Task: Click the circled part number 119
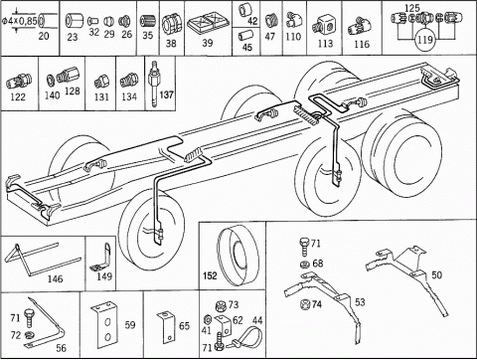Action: point(424,40)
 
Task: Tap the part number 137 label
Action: point(166,94)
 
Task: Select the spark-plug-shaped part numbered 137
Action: point(154,85)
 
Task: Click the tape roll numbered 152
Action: point(238,255)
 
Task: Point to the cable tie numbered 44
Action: point(244,337)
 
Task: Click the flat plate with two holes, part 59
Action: point(104,326)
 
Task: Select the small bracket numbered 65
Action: point(168,327)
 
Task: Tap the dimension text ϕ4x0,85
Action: point(20,21)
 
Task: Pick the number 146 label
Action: point(55,278)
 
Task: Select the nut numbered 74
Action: point(305,304)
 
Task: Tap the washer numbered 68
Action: point(304,265)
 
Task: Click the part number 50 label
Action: point(436,274)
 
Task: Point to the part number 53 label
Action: point(360,302)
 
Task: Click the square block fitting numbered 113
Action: point(323,26)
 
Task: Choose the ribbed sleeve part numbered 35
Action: point(148,22)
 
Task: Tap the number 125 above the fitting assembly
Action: point(412,8)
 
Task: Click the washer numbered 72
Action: point(30,334)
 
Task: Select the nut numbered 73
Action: point(220,306)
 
